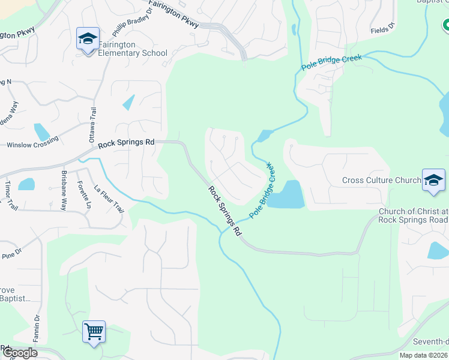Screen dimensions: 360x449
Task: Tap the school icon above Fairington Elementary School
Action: [88, 39]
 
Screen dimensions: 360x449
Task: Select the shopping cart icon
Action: [94, 331]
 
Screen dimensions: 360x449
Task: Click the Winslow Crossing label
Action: [33, 143]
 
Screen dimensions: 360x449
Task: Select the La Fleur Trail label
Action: [109, 199]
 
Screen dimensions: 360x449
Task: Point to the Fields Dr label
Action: [382, 29]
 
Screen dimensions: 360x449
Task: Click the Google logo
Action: [20, 353]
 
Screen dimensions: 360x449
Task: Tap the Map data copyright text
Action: [424, 355]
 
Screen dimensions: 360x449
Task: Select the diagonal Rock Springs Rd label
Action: [225, 210]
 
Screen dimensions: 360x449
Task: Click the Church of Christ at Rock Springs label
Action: [413, 215]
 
